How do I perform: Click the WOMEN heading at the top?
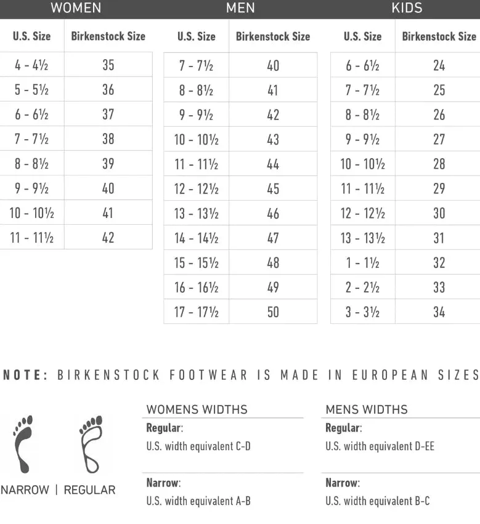click(x=76, y=8)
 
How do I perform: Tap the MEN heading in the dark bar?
click(x=240, y=8)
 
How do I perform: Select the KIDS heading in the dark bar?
click(x=407, y=8)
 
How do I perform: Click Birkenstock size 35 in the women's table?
click(x=108, y=65)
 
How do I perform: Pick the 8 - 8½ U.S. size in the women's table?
click(x=31, y=164)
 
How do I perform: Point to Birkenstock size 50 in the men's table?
click(x=273, y=312)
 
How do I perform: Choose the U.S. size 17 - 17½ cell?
click(x=196, y=312)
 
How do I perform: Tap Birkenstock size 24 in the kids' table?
click(x=439, y=65)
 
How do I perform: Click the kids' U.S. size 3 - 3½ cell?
click(x=362, y=312)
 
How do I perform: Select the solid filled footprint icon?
click(x=23, y=443)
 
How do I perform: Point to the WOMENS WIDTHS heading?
click(x=197, y=409)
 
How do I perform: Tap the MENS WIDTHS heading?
click(x=366, y=409)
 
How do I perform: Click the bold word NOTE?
click(x=25, y=375)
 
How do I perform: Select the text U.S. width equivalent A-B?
click(x=198, y=501)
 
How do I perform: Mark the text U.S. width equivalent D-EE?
click(x=380, y=446)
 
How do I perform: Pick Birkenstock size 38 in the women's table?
click(x=108, y=139)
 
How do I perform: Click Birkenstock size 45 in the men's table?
click(x=273, y=189)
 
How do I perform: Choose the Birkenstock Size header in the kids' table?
click(x=439, y=36)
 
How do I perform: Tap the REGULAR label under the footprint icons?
click(x=89, y=490)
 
